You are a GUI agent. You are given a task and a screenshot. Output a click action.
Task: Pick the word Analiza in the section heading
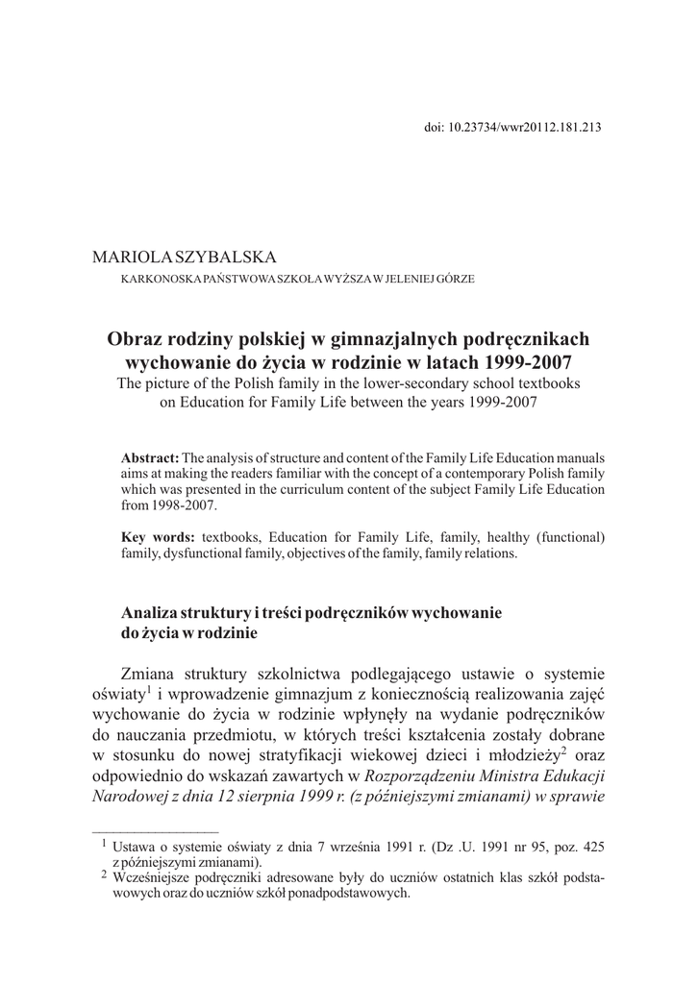pos(152,613)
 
